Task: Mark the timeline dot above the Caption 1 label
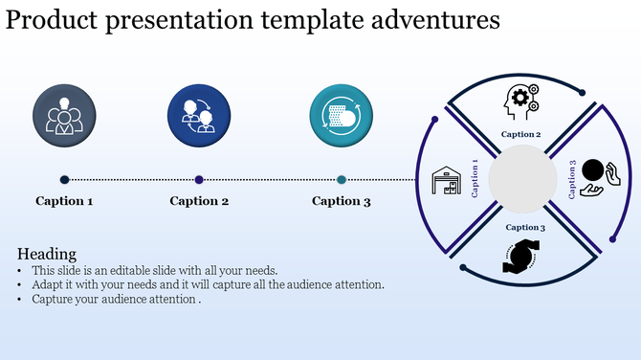click(x=64, y=179)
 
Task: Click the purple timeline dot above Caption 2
click(x=199, y=179)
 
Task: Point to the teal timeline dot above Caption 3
click(x=342, y=179)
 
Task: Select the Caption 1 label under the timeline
click(x=64, y=201)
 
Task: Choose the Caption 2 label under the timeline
click(x=199, y=201)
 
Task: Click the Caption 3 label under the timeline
click(x=342, y=201)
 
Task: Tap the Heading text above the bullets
click(x=47, y=254)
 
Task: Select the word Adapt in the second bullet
click(x=49, y=284)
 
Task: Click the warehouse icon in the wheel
click(x=445, y=180)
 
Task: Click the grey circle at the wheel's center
click(x=522, y=179)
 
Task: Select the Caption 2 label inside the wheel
click(x=522, y=135)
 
